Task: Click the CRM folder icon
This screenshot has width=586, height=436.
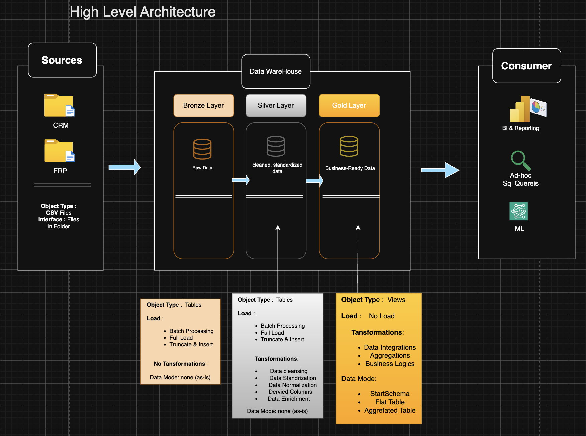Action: (x=59, y=105)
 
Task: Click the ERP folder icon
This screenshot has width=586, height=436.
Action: (x=59, y=151)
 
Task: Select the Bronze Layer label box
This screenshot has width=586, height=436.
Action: (x=203, y=105)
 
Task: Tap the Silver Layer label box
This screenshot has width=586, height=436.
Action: (x=276, y=105)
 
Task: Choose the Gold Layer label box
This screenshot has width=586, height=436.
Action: (x=349, y=105)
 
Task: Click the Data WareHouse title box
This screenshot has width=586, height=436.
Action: (x=276, y=71)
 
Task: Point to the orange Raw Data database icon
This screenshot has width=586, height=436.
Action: (x=202, y=149)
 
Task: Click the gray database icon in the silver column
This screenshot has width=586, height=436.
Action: (x=275, y=146)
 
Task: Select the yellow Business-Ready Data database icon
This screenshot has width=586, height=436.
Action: (x=349, y=146)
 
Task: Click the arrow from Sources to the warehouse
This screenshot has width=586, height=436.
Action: (x=124, y=167)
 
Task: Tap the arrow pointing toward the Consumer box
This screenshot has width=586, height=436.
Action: (x=440, y=170)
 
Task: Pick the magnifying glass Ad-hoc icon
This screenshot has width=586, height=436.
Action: (x=520, y=160)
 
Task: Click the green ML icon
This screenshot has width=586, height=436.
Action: (x=518, y=211)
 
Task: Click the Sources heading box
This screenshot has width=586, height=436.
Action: (x=62, y=60)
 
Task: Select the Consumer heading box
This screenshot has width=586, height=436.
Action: (x=526, y=66)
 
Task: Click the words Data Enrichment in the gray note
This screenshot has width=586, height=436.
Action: (x=288, y=399)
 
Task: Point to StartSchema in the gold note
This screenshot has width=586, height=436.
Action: (x=390, y=394)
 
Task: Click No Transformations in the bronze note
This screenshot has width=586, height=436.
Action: (x=180, y=364)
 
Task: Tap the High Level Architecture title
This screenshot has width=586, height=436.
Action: (x=142, y=12)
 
